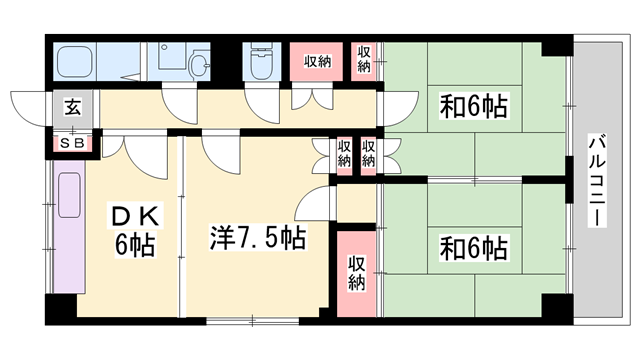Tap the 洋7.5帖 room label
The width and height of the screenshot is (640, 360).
tap(257, 238)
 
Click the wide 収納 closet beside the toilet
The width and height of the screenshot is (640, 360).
tap(318, 62)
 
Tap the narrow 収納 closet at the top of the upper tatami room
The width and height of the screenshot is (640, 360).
tap(364, 58)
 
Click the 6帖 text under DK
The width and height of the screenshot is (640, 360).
tap(133, 244)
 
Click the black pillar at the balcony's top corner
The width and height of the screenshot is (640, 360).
tap(556, 47)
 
